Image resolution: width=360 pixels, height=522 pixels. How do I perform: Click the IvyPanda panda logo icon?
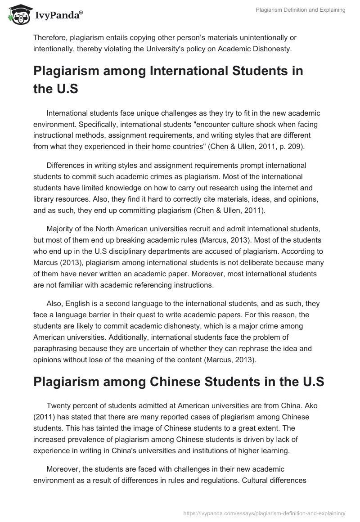coord(18,15)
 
